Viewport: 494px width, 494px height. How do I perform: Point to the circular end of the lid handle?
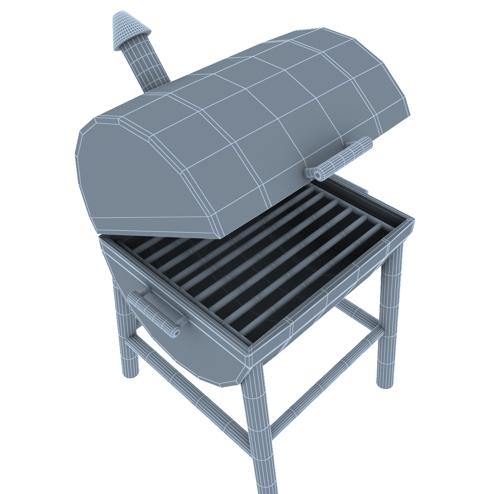(x=318, y=174)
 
